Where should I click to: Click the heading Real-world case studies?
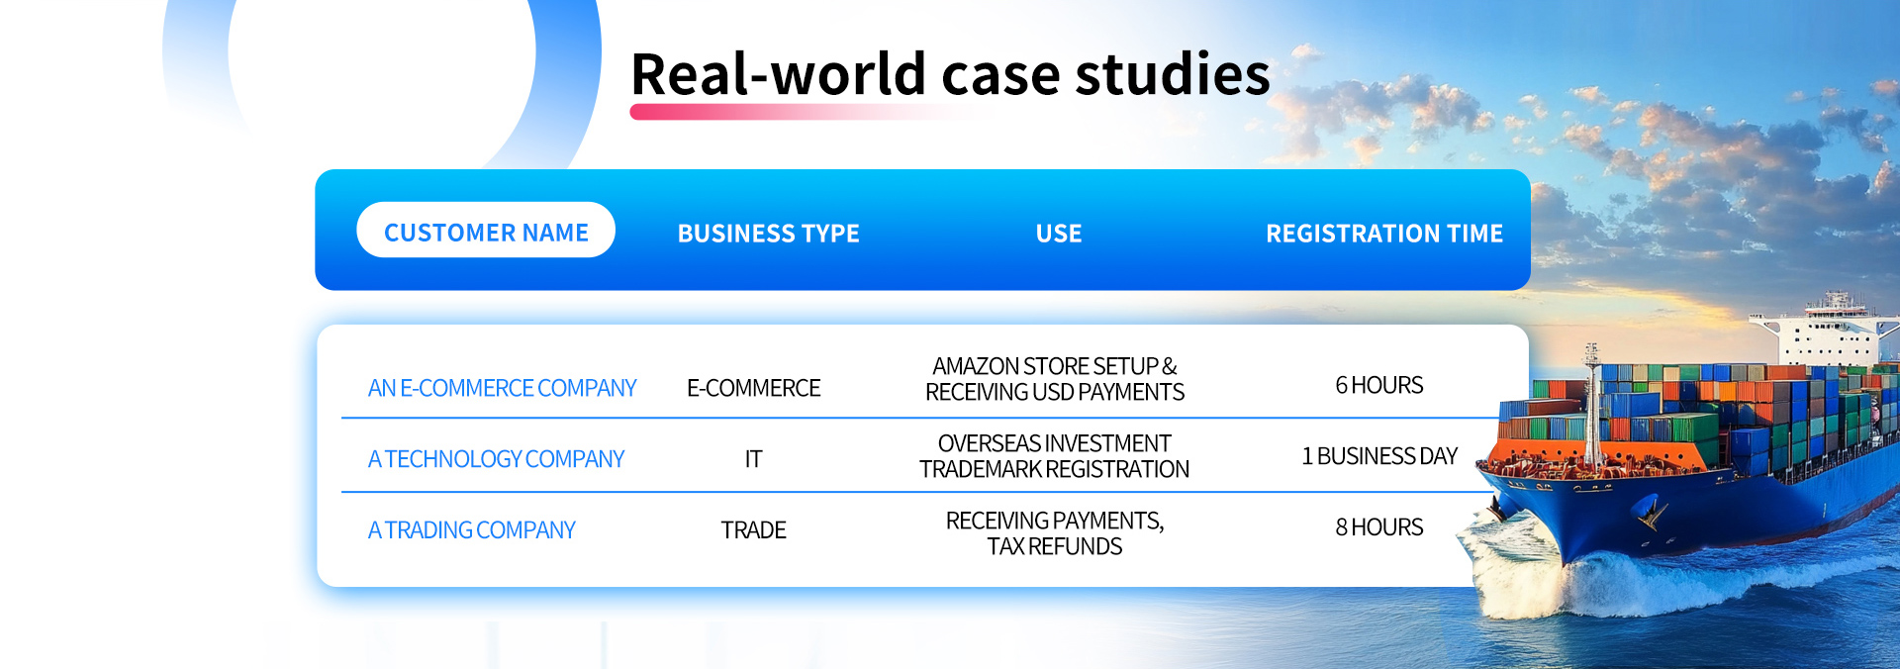pyautogui.click(x=950, y=74)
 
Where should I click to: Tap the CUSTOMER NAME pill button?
pyautogui.click(x=486, y=230)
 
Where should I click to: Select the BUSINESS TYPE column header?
pyautogui.click(x=769, y=234)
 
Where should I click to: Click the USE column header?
pyautogui.click(x=1059, y=234)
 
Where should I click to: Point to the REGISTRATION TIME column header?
pyautogui.click(x=1384, y=234)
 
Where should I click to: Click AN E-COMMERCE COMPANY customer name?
pyautogui.click(x=502, y=388)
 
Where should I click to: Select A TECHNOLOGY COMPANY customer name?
pyautogui.click(x=496, y=459)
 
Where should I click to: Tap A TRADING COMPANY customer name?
pyautogui.click(x=471, y=530)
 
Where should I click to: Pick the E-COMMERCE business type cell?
pyautogui.click(x=754, y=388)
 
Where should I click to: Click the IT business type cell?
pyautogui.click(x=754, y=459)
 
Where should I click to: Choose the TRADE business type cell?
pyautogui.click(x=754, y=530)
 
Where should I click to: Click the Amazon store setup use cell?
pyautogui.click(x=1055, y=379)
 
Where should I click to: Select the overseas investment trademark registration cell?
pyautogui.click(x=1055, y=456)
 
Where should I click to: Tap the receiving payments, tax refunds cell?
pyautogui.click(x=1055, y=533)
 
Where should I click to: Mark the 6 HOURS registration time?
pyautogui.click(x=1379, y=385)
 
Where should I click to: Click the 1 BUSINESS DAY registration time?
pyautogui.click(x=1379, y=456)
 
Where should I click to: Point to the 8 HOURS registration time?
pyautogui.click(x=1379, y=527)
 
